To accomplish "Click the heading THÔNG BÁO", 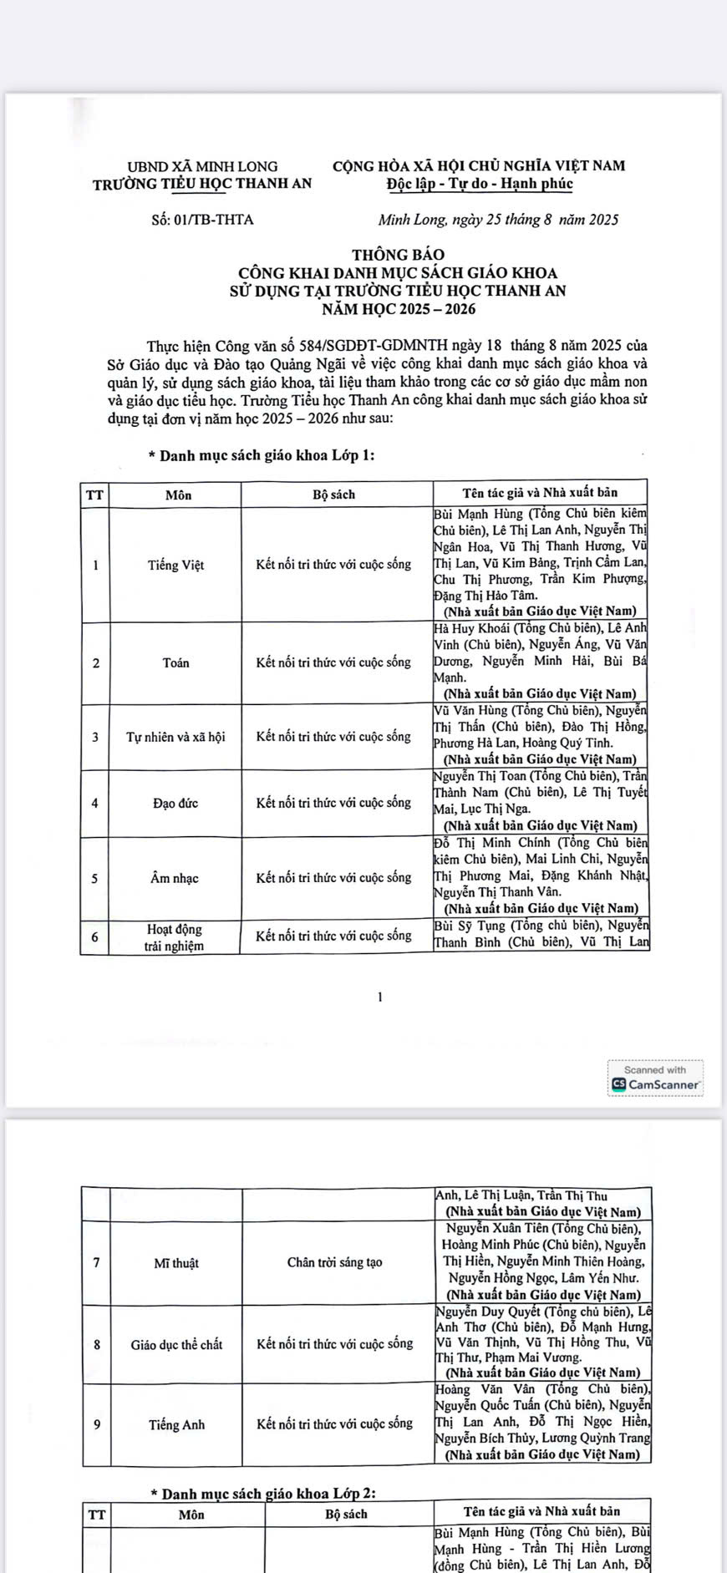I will tap(398, 254).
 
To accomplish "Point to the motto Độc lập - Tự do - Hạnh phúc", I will tap(479, 184).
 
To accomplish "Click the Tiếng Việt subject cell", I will tap(175, 565).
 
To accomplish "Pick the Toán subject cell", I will tap(175, 663).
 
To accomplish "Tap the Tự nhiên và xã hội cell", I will tap(175, 737).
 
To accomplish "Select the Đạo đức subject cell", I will tap(175, 804).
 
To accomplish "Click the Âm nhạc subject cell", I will tap(175, 878).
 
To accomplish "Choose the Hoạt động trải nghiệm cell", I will tap(175, 937).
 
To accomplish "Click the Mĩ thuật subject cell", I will tap(176, 1263).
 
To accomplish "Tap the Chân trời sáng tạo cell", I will tap(335, 1262).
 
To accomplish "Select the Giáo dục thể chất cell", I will tap(176, 1345).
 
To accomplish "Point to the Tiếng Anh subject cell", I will tap(176, 1425).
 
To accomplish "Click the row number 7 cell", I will tap(97, 1263).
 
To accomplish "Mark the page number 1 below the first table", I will tap(380, 997).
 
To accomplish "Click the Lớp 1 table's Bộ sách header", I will tap(334, 495).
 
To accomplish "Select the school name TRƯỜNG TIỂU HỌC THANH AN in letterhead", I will tap(202, 184).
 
